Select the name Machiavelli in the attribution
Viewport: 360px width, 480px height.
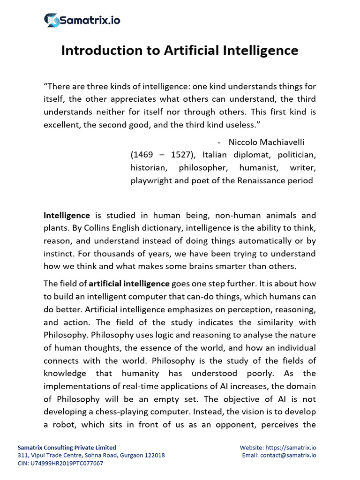pyautogui.click(x=284, y=142)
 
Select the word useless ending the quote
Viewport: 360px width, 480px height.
pyautogui.click(x=239, y=125)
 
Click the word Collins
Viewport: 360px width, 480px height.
pyautogui.click(x=126, y=228)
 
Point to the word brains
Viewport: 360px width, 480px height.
pyautogui.click(x=217, y=266)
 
